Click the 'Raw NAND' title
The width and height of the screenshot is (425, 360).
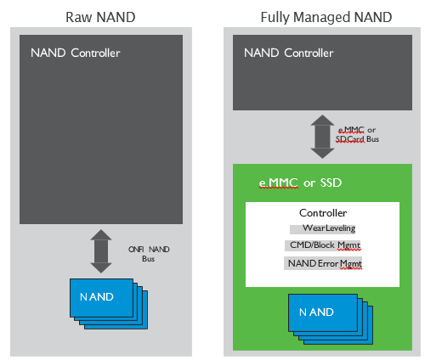(100, 17)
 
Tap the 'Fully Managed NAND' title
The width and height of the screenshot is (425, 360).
(326, 18)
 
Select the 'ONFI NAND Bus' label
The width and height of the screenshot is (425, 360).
(149, 254)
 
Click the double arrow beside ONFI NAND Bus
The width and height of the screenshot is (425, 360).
(101, 251)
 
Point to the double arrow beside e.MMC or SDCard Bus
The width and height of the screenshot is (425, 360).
(322, 137)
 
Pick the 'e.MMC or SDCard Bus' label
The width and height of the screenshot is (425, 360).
(357, 134)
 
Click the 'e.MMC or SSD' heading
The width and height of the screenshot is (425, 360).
(300, 183)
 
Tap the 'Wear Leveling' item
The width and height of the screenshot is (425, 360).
(329, 228)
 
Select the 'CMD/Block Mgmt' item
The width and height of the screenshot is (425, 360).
(326, 245)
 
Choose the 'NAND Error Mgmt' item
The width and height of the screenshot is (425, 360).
(325, 263)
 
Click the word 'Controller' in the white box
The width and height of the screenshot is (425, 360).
(323, 213)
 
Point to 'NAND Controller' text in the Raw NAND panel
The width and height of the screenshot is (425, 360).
(76, 53)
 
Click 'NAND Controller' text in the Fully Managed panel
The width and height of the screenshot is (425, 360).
(289, 53)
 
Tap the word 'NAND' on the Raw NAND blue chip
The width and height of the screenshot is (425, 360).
(97, 297)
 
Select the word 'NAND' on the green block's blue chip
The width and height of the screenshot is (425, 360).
(316, 312)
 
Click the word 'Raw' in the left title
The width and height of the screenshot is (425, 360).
(79, 17)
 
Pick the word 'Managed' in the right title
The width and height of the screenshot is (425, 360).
(322, 18)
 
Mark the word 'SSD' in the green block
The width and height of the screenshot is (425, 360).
(331, 183)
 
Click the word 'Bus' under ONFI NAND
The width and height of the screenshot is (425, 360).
(148, 259)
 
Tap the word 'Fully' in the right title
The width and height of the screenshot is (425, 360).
(275, 18)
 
